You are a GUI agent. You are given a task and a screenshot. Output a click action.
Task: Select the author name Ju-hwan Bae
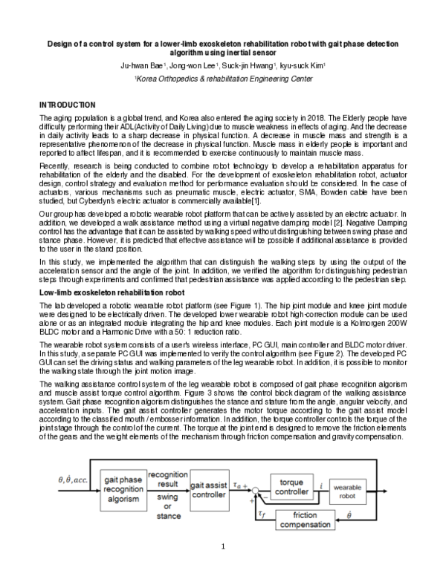(x=140, y=65)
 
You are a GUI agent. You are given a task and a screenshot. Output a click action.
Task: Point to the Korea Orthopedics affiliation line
(x=222, y=77)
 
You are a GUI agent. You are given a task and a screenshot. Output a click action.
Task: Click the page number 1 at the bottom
(x=223, y=548)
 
